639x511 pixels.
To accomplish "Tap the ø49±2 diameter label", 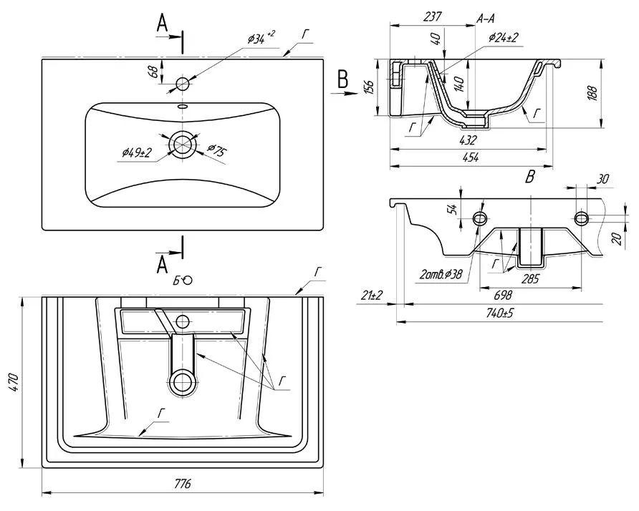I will (136, 152).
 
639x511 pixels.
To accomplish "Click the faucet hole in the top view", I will (183, 84).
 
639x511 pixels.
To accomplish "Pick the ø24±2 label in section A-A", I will (504, 37).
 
